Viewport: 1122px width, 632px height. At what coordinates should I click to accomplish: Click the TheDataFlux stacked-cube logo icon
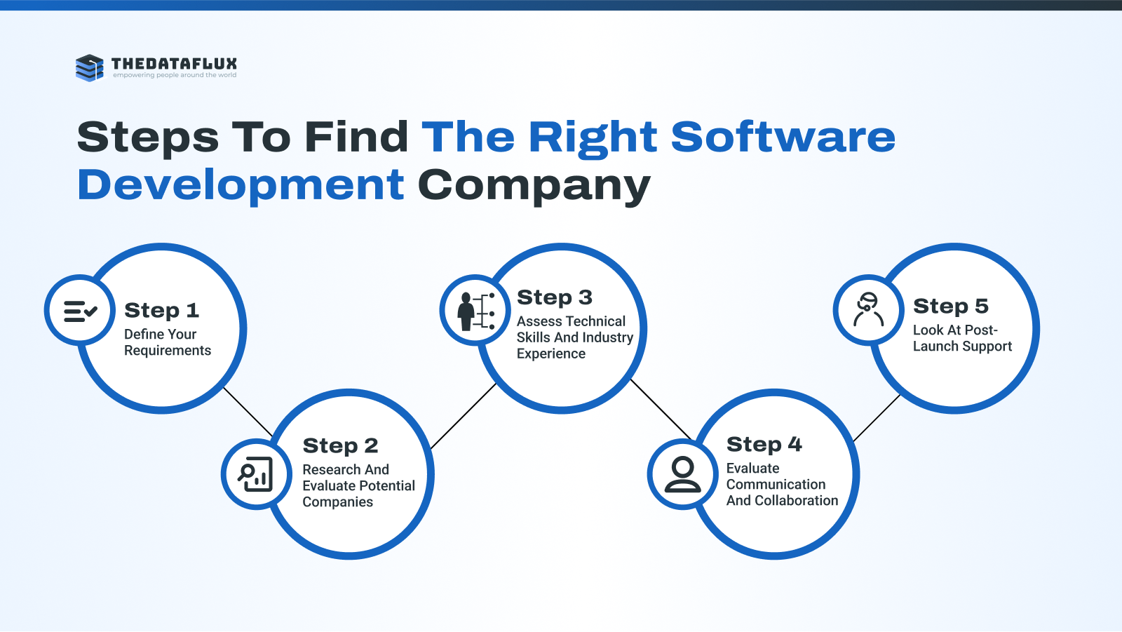(90, 67)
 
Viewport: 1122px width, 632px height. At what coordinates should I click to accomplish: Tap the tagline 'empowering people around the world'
(175, 75)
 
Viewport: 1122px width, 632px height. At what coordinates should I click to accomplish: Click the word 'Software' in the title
(783, 137)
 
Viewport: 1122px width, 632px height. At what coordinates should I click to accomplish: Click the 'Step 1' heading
(162, 310)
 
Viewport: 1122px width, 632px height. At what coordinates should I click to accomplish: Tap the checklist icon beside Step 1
(80, 311)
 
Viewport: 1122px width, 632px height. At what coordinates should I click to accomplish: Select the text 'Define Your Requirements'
(168, 342)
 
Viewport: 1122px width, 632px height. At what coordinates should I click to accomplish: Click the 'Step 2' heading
(340, 445)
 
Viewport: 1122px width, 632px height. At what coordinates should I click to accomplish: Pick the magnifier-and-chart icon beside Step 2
(255, 473)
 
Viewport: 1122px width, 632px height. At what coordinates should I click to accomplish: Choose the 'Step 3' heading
(555, 297)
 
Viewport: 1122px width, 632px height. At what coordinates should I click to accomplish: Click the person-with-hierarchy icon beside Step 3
(476, 311)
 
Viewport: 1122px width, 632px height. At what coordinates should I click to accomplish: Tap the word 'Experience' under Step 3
(551, 354)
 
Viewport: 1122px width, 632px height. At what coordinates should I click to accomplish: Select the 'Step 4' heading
(764, 445)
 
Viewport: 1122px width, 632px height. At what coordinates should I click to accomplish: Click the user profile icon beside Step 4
(683, 474)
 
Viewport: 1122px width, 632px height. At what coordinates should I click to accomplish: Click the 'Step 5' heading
(951, 307)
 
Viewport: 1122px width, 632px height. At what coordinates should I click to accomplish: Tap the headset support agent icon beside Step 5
(869, 309)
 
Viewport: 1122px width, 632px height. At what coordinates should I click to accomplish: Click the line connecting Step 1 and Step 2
(248, 412)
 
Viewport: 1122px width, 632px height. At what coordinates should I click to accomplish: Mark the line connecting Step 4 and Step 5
(877, 418)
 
